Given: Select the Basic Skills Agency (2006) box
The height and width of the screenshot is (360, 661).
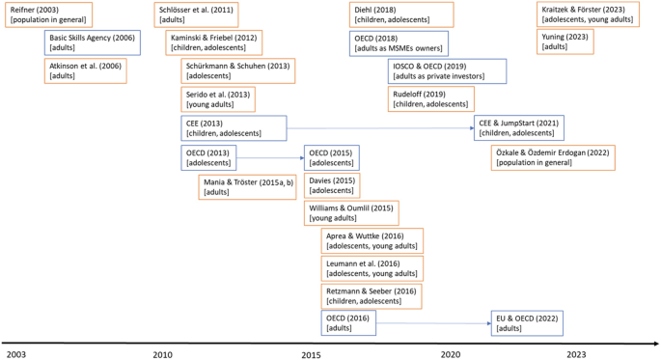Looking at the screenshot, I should (92, 42).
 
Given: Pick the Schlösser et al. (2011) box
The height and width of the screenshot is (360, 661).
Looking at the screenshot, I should (195, 14).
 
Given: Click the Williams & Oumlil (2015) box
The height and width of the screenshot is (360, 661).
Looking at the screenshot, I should (350, 213).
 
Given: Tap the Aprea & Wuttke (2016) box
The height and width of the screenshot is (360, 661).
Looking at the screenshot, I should (372, 240).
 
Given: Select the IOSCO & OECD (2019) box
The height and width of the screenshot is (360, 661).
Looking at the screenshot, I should (446, 70).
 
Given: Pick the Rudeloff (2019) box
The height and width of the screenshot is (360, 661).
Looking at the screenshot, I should (430, 99).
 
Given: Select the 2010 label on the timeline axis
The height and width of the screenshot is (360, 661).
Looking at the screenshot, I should (164, 354).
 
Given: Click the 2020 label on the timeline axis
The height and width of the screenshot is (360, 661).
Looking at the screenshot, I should (451, 354).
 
